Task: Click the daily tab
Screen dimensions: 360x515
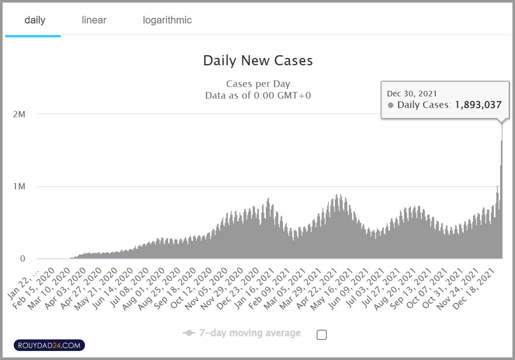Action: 35,20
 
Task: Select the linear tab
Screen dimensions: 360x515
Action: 94,20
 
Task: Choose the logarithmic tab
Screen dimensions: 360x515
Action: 167,20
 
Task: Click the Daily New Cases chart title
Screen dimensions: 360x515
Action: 258,61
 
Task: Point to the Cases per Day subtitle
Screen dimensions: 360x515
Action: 258,84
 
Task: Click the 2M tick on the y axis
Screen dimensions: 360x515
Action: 19,114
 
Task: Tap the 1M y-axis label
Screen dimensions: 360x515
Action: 19,187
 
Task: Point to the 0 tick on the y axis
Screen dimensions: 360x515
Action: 22,259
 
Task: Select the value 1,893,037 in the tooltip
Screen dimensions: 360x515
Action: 478,105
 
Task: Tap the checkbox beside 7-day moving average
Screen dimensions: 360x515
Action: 321,335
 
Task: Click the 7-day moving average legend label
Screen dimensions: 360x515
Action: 249,333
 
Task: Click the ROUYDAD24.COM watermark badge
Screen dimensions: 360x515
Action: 49,345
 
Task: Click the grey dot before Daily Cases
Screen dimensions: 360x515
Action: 391,105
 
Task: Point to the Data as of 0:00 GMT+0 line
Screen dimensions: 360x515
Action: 258,95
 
